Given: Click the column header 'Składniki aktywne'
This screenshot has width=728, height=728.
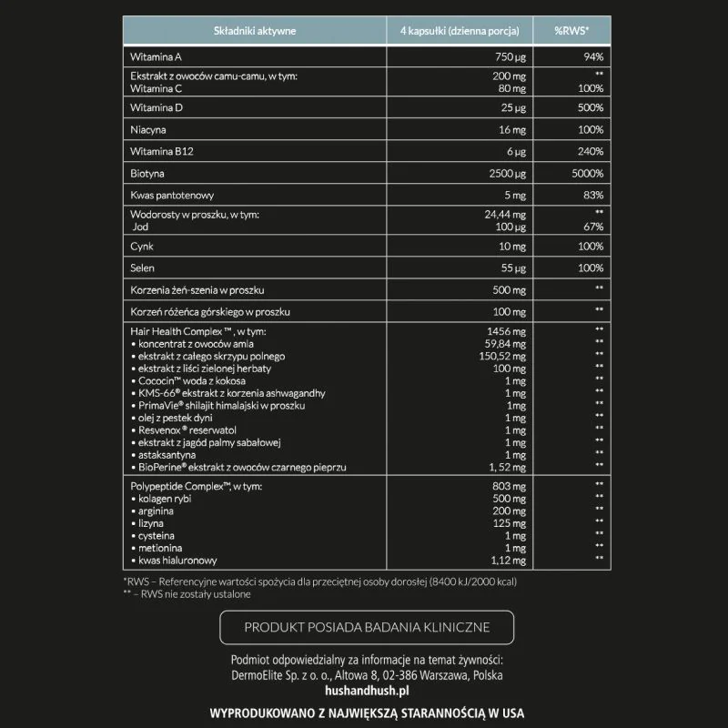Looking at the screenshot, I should pyautogui.click(x=255, y=31).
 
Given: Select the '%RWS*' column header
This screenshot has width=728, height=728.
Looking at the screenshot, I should pyautogui.click(x=571, y=31).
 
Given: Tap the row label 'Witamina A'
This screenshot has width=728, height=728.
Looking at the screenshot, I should pyautogui.click(x=157, y=56).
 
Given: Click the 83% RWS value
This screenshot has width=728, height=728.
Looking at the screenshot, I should pyautogui.click(x=593, y=195).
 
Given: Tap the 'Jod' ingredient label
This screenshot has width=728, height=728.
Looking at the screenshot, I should pyautogui.click(x=140, y=227).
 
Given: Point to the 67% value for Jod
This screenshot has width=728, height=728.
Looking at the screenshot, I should pyautogui.click(x=593, y=227).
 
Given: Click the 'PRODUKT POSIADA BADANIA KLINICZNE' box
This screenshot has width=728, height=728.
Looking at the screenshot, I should pyautogui.click(x=367, y=627).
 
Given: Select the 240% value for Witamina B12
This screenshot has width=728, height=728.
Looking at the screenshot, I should pyautogui.click(x=591, y=151).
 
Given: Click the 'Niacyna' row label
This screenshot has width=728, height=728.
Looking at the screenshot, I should pyautogui.click(x=150, y=130).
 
